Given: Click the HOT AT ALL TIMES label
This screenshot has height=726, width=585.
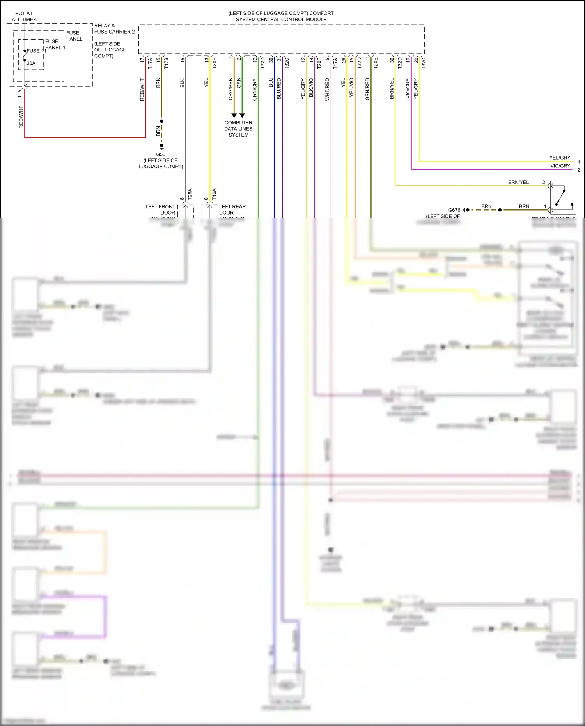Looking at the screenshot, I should point(24,16).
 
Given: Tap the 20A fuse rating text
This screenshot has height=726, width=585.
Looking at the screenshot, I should point(31,63).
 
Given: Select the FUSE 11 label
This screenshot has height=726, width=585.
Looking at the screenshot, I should point(36,51).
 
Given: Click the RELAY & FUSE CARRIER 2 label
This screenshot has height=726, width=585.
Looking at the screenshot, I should point(114,28).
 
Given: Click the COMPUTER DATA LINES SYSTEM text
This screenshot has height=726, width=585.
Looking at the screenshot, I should point(238,129).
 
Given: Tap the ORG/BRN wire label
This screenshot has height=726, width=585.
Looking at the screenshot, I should point(230,89).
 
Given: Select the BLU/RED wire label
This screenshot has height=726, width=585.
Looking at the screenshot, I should point(279,89).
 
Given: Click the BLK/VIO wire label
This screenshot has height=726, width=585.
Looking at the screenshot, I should point(311,88).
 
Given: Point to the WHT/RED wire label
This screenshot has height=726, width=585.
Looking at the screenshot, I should point(327,89).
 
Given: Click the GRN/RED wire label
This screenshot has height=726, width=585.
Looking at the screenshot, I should point(367,89).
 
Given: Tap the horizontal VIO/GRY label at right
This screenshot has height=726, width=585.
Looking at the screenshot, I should point(560,166).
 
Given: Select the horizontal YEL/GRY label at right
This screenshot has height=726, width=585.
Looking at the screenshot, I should point(560,158).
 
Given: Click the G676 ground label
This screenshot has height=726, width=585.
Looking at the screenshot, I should point(454,210).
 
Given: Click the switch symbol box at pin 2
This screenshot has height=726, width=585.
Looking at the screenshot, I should point(563,197).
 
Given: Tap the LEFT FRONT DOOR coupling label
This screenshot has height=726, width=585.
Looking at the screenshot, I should point(160,209).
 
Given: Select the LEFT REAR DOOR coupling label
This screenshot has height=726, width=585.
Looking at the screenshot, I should point(232,209).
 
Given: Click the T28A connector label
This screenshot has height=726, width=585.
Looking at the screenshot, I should point(190,194).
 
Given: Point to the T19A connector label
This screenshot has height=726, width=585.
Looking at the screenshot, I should point(214,194).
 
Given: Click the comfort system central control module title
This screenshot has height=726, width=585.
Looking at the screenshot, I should point(281,16).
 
